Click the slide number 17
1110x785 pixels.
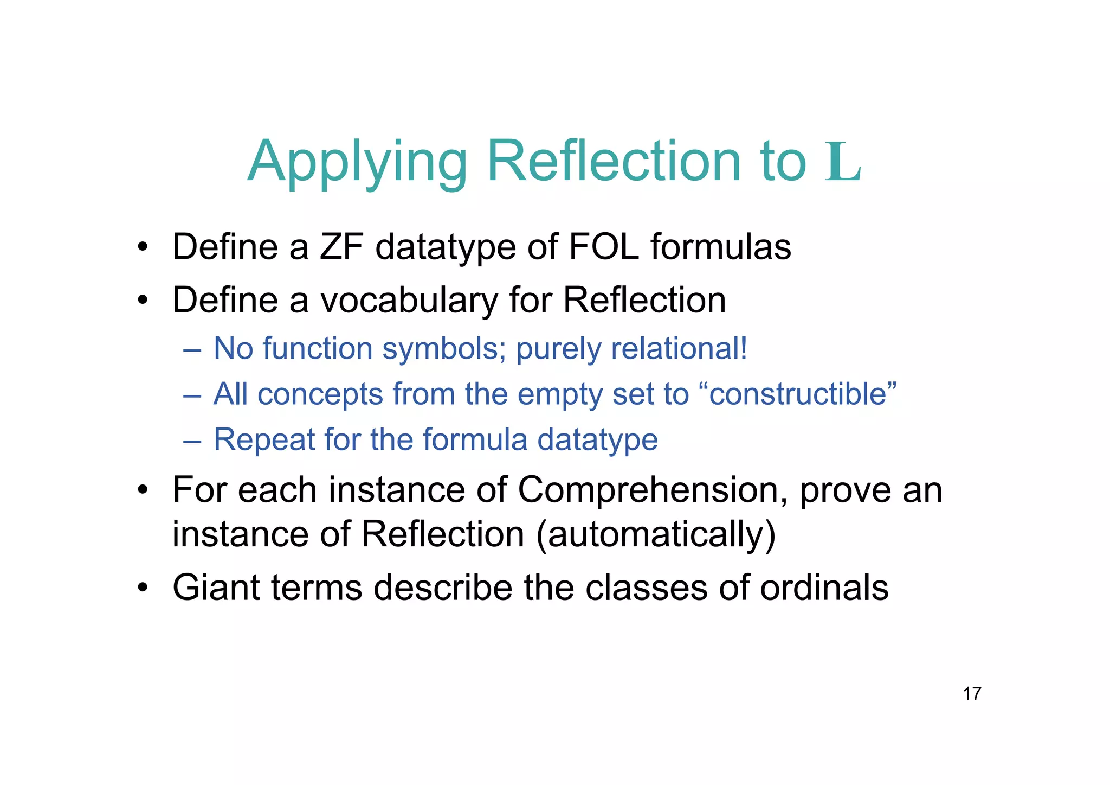click(972, 693)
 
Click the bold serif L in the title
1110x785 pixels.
click(843, 162)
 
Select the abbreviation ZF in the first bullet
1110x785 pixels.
click(341, 247)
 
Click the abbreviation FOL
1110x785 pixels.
click(604, 247)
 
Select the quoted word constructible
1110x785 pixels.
click(803, 394)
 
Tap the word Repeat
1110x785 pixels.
click(264, 439)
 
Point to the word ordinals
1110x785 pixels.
click(824, 588)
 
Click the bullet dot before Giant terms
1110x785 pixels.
click(143, 588)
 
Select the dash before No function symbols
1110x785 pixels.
click(192, 349)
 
